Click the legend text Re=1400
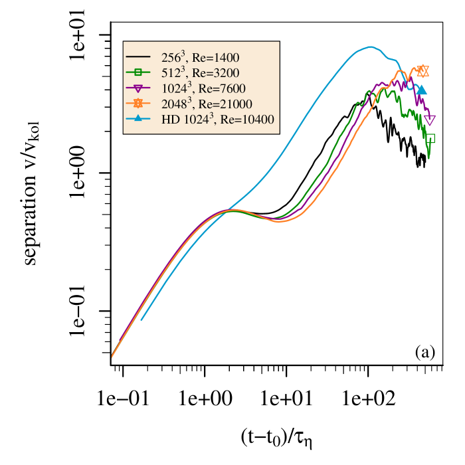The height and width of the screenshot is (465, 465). pos(216,58)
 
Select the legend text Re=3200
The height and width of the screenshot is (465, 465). pos(216,73)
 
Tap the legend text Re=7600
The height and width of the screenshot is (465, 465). pos(216,88)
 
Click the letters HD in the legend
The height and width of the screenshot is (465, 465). pos(170,119)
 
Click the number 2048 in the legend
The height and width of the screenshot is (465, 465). pos(174,104)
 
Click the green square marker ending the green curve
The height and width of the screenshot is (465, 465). pos(430,138)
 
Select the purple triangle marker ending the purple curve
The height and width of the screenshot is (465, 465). pos(430,120)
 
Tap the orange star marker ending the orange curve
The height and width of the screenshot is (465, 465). pos(422,71)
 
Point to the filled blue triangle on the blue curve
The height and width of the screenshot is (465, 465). pos(421,90)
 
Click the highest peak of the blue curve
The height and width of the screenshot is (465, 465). pos(370,46)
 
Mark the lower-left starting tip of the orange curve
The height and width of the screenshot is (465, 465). pos(112,357)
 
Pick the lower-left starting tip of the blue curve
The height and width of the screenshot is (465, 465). pos(141,320)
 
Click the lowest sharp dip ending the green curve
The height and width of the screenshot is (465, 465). pos(428,157)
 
